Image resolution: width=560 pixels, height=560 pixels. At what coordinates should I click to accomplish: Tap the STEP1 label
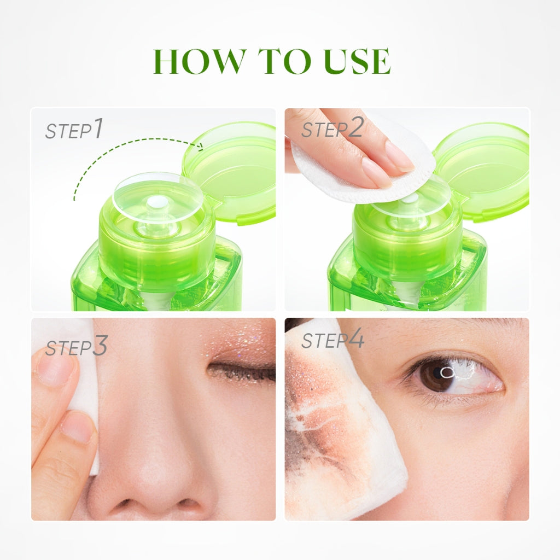click(x=73, y=130)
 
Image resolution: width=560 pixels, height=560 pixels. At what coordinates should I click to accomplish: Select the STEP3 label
click(x=76, y=347)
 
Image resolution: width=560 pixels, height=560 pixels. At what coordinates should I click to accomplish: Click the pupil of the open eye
click(x=437, y=376)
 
